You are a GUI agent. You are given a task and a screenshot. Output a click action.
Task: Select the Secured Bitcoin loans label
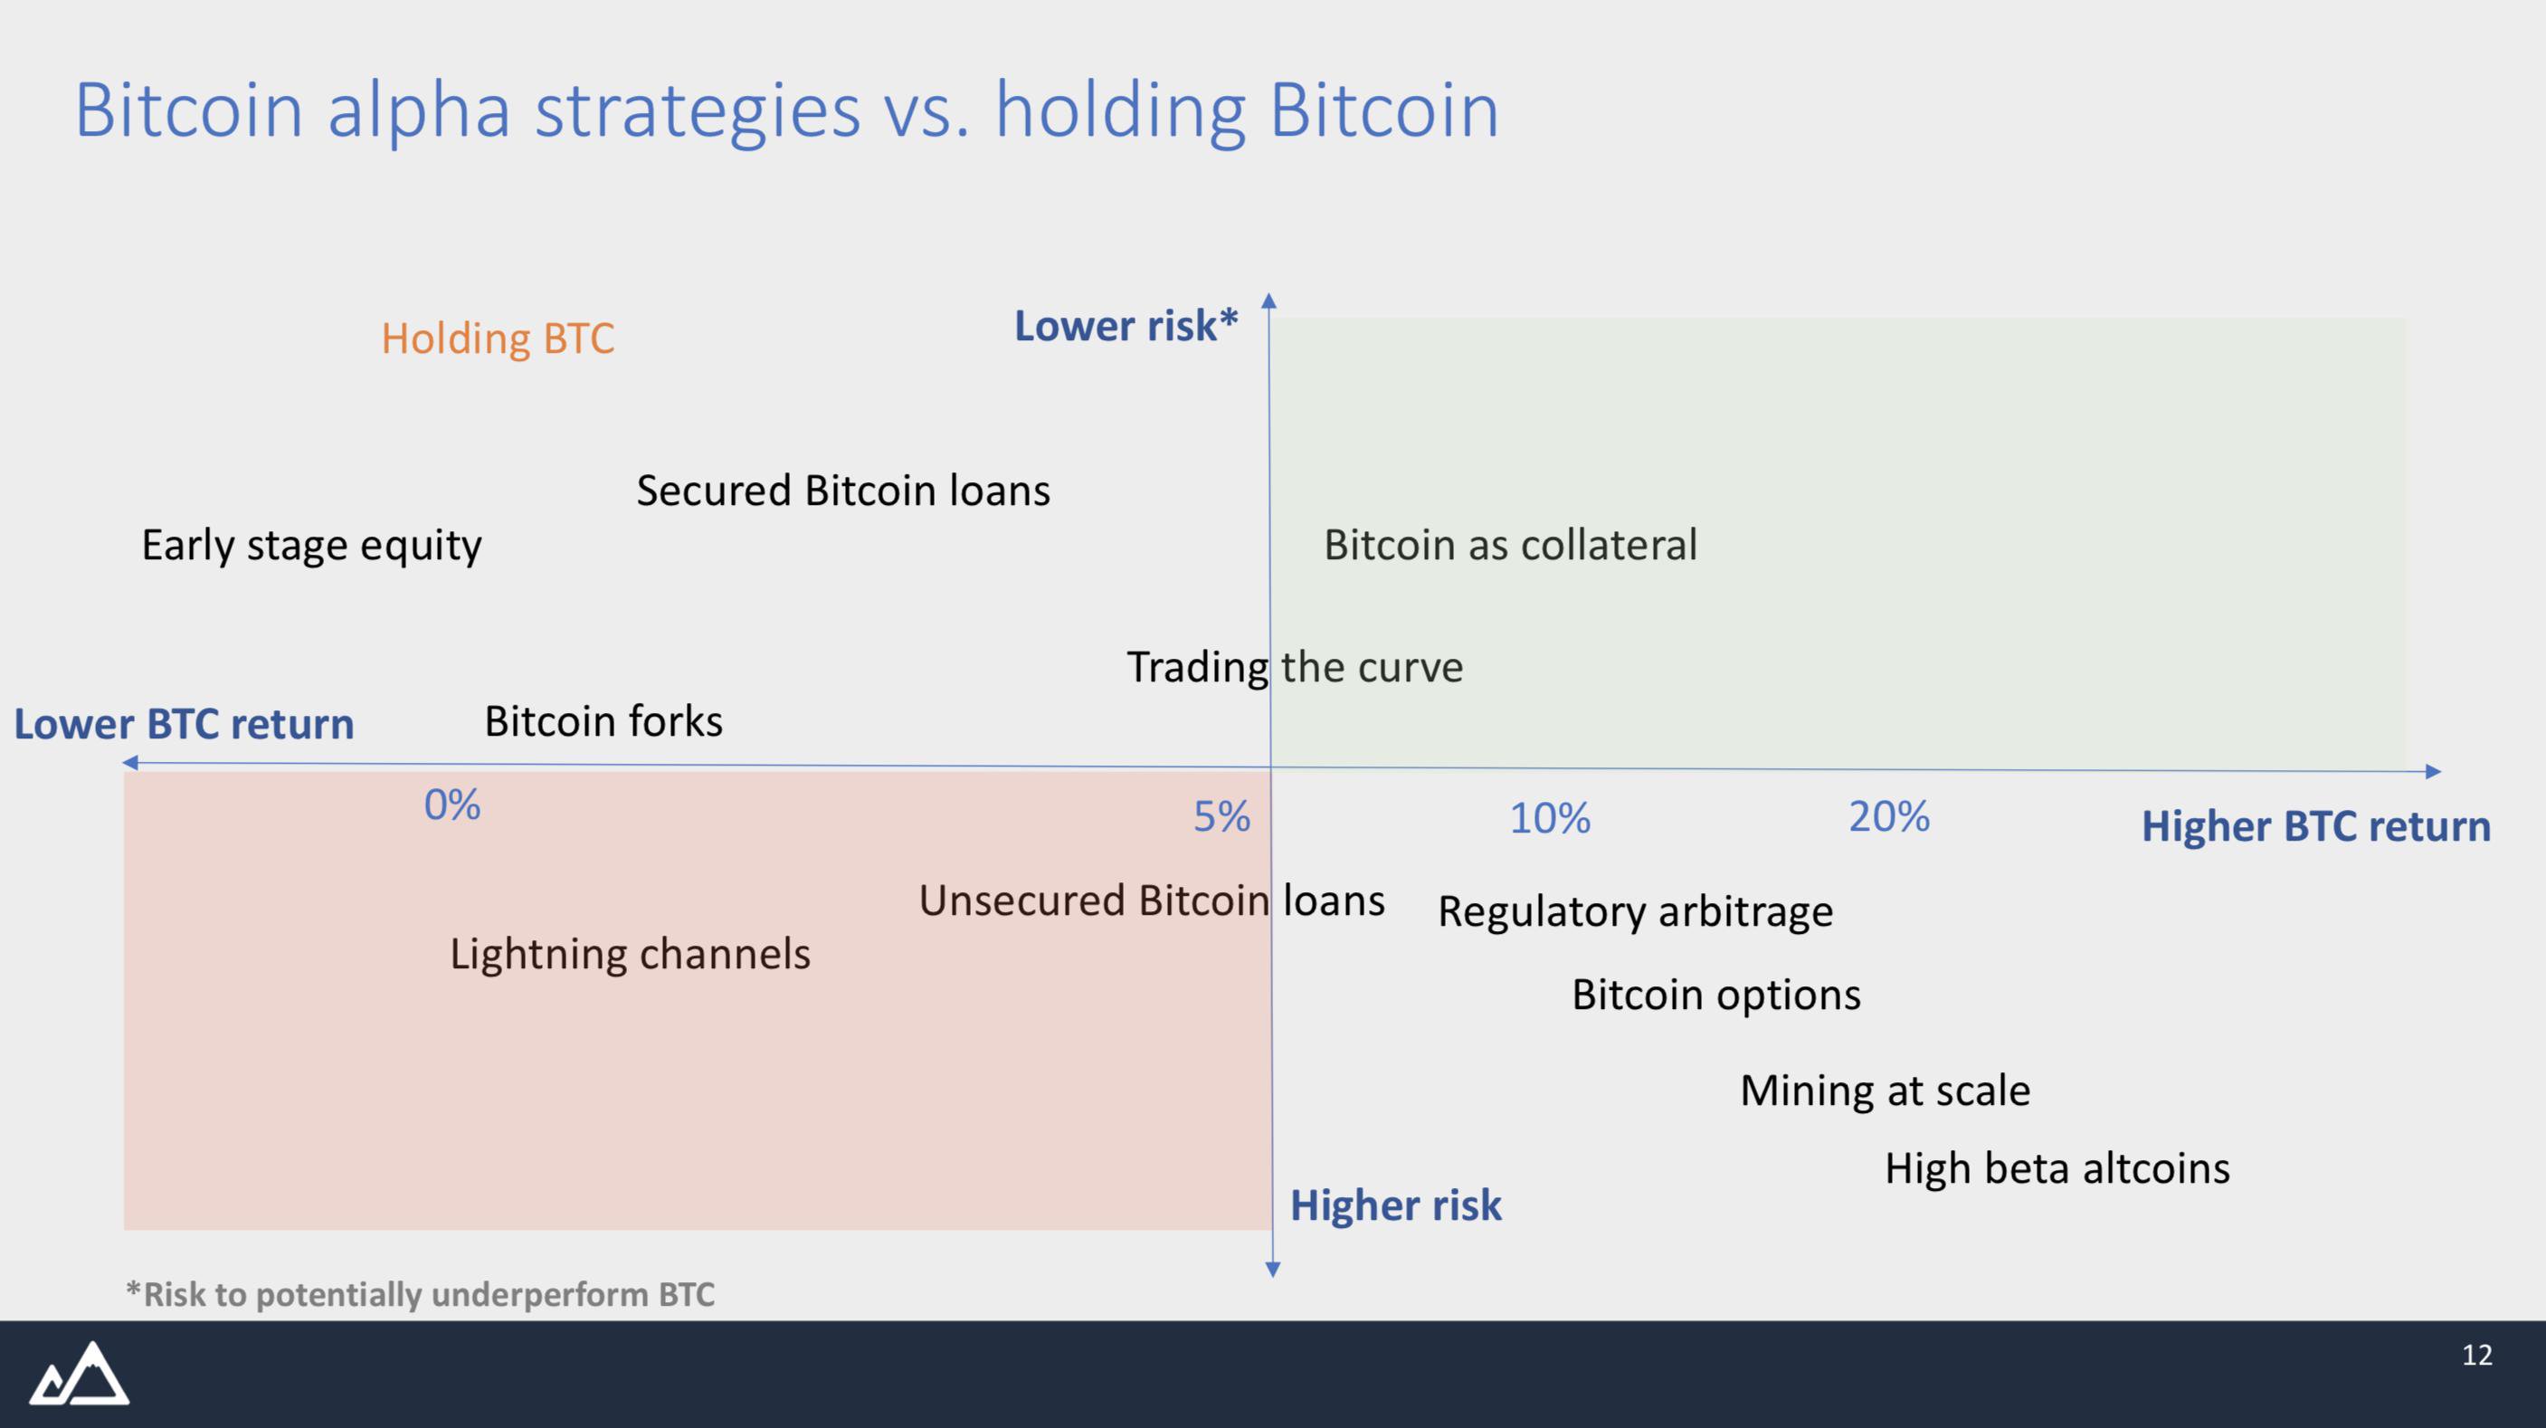tap(843, 490)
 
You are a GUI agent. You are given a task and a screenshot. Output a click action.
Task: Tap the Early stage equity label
tap(311, 546)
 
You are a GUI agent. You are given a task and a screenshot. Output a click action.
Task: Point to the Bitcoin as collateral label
tap(1510, 545)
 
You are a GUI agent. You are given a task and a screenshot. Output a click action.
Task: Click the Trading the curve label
tap(1295, 667)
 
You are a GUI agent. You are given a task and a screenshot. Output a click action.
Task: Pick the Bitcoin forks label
tap(603, 721)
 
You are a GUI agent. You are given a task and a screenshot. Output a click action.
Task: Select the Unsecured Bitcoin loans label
tap(1152, 900)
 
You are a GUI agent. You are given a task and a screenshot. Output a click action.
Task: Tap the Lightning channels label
tap(630, 955)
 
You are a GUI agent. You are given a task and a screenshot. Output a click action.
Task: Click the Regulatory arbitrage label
tap(1635, 911)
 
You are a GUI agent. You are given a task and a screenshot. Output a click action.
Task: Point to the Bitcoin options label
tap(1715, 995)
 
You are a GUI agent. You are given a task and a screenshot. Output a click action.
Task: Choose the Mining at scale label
tap(1885, 1091)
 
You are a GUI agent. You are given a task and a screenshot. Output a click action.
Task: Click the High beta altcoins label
tap(2057, 1168)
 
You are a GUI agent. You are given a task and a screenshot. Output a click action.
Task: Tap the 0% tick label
tap(452, 805)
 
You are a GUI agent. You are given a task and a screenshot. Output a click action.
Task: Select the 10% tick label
tap(1550, 818)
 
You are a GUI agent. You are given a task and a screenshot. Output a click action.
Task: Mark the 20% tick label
tap(1889, 816)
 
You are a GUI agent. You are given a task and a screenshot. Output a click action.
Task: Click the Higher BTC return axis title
tap(2315, 826)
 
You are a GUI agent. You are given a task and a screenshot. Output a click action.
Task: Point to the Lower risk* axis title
tap(1126, 326)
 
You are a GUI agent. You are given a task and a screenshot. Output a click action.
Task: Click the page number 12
tap(2477, 1355)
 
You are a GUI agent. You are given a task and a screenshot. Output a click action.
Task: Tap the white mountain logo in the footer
tap(79, 1373)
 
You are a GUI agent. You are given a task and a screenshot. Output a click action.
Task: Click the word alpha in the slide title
tap(419, 111)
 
